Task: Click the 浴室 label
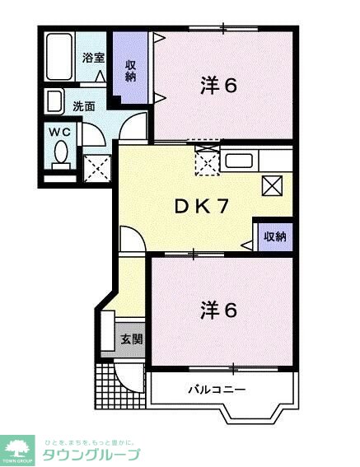click(x=92, y=58)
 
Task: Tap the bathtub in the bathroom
click(x=60, y=58)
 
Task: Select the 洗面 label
click(x=83, y=105)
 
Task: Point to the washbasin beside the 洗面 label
click(x=54, y=102)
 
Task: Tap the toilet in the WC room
click(x=61, y=153)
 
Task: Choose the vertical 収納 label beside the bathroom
click(x=130, y=70)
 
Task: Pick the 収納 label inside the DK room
click(x=275, y=236)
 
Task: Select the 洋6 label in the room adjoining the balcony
click(x=219, y=310)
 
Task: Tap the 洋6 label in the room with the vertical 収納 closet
click(x=219, y=85)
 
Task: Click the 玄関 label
click(x=130, y=339)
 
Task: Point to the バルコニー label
click(x=217, y=388)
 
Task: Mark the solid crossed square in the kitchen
click(x=273, y=185)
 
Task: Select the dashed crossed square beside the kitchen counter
click(x=207, y=161)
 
